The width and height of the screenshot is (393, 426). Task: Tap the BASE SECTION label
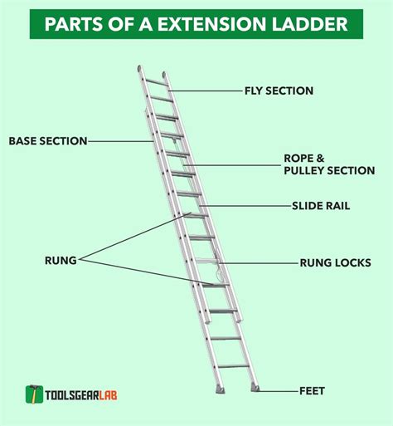48,141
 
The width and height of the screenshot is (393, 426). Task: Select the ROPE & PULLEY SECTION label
329,164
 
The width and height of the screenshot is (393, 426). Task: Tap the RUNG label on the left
61,260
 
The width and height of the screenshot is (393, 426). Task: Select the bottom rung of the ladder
236,365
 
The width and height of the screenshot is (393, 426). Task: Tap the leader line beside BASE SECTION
120,141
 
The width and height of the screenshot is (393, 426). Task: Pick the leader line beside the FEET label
280,389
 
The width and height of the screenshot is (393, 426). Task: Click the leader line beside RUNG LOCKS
257,262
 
